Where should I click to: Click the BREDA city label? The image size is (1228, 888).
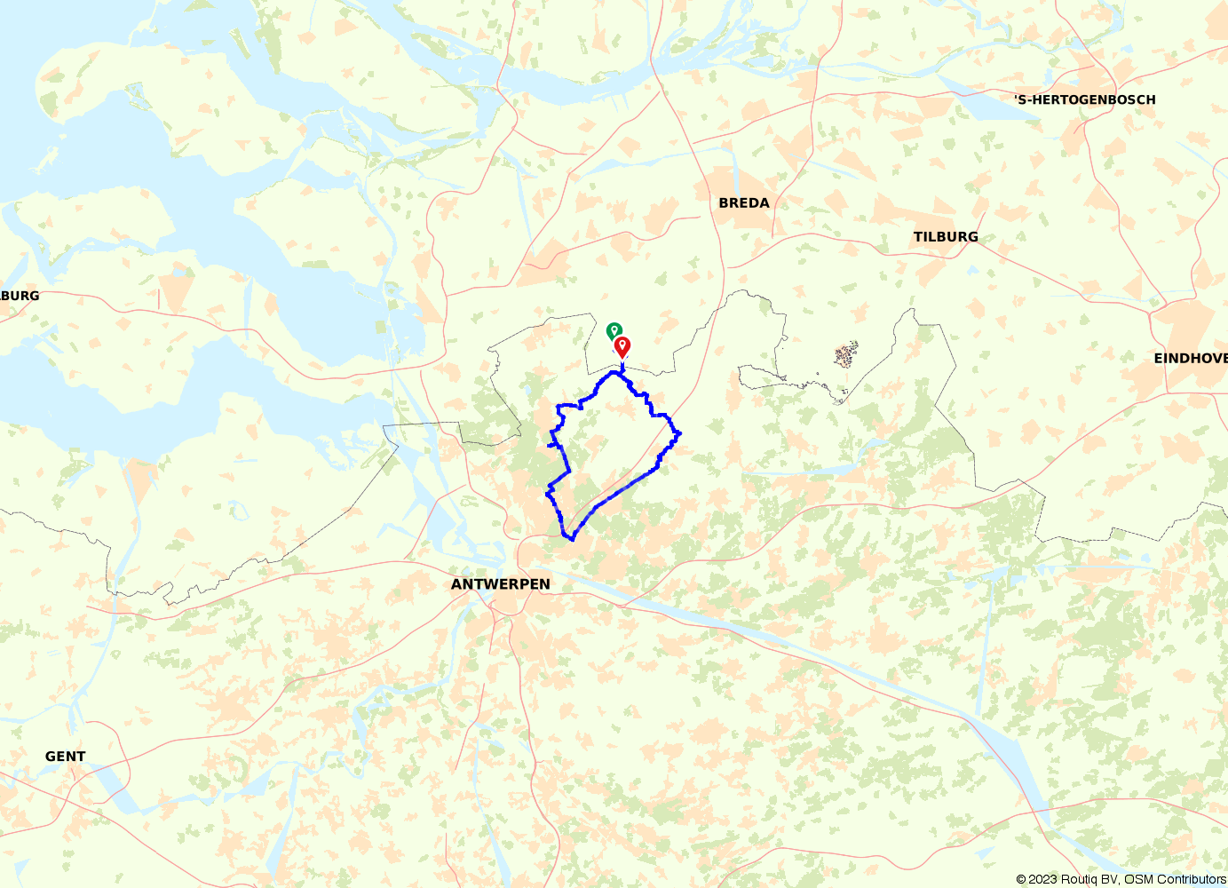pyautogui.click(x=744, y=203)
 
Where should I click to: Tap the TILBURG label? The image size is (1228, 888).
pyautogui.click(x=946, y=237)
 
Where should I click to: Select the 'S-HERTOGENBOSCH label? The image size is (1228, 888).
pyautogui.click(x=1086, y=100)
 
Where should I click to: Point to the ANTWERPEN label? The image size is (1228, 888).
pyautogui.click(x=501, y=584)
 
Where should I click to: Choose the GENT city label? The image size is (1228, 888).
pyautogui.click(x=66, y=757)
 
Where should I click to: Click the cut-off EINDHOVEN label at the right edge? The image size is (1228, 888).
pyautogui.click(x=1190, y=359)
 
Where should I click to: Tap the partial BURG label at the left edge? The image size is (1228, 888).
pyautogui.click(x=20, y=296)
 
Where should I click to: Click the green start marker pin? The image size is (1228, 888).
pyautogui.click(x=614, y=331)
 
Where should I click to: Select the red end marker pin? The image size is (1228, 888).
pyautogui.click(x=622, y=345)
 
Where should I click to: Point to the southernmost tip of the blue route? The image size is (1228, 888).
pyautogui.click(x=572, y=538)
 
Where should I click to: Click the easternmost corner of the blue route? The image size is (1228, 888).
pyautogui.click(x=679, y=433)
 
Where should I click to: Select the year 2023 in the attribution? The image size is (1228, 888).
pyautogui.click(x=1043, y=879)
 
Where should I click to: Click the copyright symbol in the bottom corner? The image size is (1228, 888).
pyautogui.click(x=1022, y=879)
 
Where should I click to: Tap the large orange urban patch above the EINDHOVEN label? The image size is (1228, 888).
pyautogui.click(x=1185, y=324)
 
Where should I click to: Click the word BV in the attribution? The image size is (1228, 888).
pyautogui.click(x=1109, y=879)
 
